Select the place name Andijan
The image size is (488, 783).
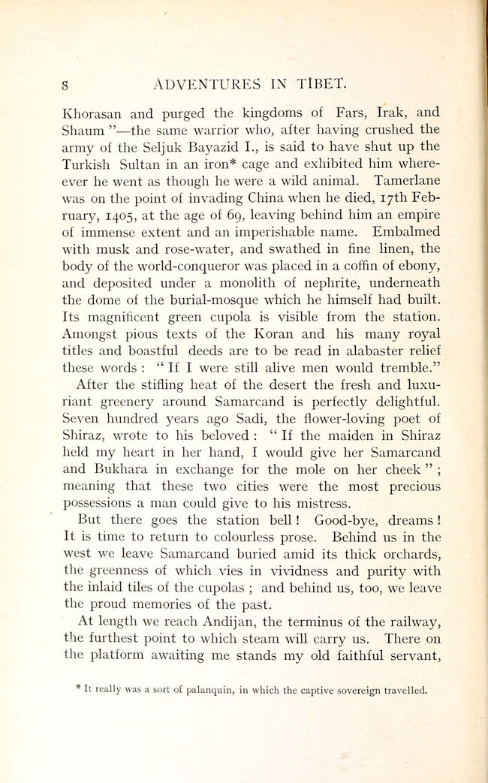[212, 622]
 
